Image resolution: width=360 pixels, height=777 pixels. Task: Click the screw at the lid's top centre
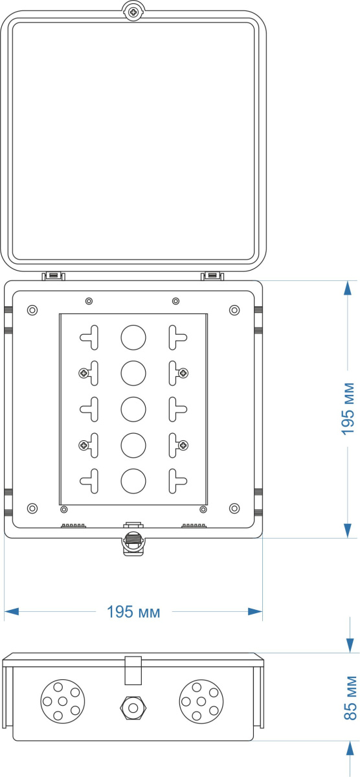pos(133,13)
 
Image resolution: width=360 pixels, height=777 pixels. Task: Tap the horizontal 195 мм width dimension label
pos(133,612)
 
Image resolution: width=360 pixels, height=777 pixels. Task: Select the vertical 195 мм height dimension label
pos(348,409)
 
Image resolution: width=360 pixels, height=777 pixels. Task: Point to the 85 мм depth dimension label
pos(350,698)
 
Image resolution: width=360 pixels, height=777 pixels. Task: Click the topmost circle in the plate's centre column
pos(133,337)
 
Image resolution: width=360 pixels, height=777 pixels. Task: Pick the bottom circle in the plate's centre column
pos(133,480)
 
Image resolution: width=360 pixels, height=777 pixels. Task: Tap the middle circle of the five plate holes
pos(133,409)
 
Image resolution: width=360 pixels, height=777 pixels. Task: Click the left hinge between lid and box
pos(53,276)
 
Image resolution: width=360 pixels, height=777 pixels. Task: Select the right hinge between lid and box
pos(212,276)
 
